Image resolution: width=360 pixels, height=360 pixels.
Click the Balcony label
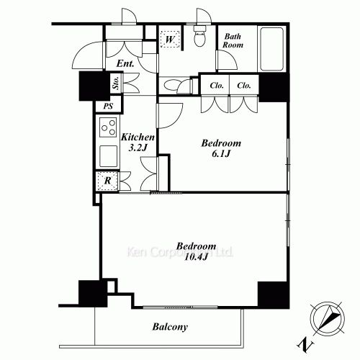[x=170, y=327]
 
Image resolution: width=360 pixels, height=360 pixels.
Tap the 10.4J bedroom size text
[x=196, y=257]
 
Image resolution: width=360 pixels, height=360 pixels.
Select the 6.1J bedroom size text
[x=221, y=153]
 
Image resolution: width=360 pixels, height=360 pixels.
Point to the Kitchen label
[x=138, y=137]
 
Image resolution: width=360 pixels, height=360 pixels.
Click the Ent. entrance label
[x=125, y=63]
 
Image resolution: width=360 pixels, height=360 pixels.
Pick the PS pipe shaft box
[x=108, y=106]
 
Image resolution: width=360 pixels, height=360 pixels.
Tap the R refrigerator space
[x=107, y=181]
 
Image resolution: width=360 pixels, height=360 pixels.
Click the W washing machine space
[x=170, y=40]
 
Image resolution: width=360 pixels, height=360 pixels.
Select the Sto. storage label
[x=117, y=83]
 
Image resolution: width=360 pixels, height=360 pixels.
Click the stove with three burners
[x=108, y=127]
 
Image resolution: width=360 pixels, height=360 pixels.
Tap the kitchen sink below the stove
[x=109, y=156]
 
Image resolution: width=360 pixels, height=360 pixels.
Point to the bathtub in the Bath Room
[x=271, y=49]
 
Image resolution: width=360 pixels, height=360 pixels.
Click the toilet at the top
[x=199, y=36]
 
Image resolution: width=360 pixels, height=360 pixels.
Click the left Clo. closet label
[x=217, y=86]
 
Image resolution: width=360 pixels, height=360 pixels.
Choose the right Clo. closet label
[x=244, y=86]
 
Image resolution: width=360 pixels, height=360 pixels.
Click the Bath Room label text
[x=233, y=41]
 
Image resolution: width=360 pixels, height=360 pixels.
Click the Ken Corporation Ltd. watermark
[x=180, y=252]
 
